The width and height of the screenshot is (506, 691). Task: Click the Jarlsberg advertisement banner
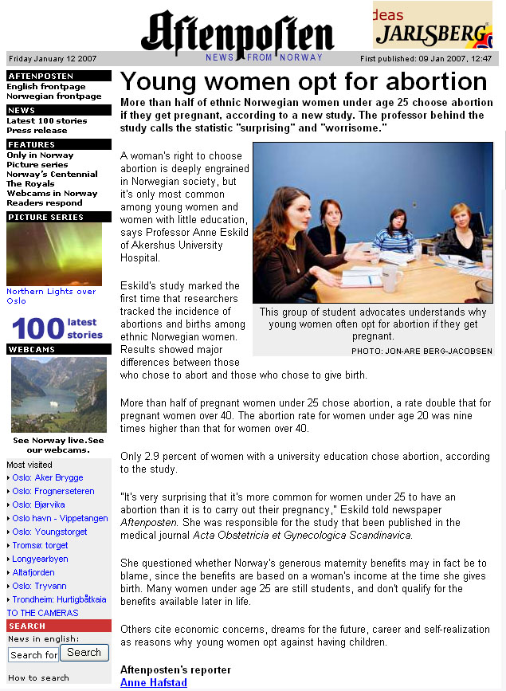[x=433, y=25]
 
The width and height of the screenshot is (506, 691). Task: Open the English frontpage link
[x=46, y=86]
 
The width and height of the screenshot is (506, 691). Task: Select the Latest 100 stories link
[x=47, y=120]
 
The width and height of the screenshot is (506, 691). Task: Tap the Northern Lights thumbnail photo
[x=54, y=253]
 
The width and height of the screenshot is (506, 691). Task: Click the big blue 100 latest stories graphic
[x=57, y=328]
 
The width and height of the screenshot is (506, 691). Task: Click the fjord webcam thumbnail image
[x=59, y=395]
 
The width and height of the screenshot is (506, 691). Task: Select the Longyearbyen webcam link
[x=40, y=559]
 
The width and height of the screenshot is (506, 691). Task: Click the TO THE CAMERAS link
[x=43, y=613]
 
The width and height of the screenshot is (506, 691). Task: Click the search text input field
[x=33, y=655]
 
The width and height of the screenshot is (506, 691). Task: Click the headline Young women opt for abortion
[x=304, y=81]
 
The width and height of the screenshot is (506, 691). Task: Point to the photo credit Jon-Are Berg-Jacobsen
[x=422, y=351]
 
